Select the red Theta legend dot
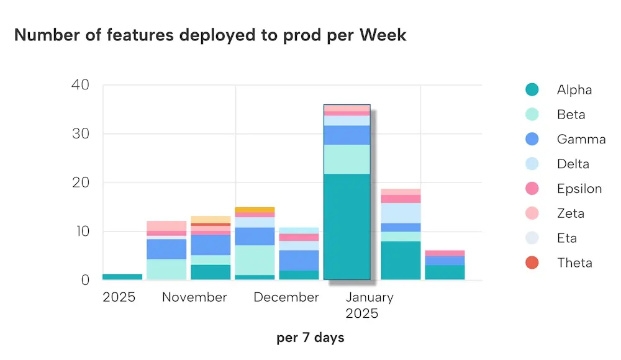(532, 263)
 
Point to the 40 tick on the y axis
(81, 84)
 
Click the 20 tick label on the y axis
(81, 182)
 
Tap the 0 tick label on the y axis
(86, 280)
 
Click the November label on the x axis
(194, 297)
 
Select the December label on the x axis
(286, 297)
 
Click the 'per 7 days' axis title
(310, 338)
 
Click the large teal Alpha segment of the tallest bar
(347, 227)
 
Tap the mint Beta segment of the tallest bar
(347, 159)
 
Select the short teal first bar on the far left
(122, 277)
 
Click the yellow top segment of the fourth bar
(255, 210)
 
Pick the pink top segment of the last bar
(445, 253)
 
